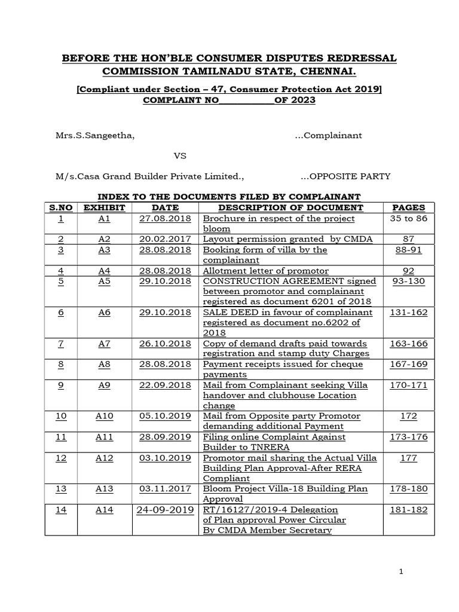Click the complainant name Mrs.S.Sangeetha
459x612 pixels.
[95, 136]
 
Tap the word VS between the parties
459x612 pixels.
[180, 156]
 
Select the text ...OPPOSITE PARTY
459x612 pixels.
[345, 176]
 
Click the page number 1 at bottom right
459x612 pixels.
[402, 572]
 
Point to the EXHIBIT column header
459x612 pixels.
[105, 207]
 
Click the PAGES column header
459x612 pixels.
[408, 207]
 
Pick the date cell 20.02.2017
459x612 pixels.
[164, 239]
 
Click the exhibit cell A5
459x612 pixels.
[105, 281]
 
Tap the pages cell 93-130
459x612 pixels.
[408, 281]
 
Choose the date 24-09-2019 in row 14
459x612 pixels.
[165, 510]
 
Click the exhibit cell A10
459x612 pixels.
[105, 416]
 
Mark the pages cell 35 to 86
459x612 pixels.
[408, 218]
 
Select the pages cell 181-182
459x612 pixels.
[408, 510]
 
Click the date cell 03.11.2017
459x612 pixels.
[164, 489]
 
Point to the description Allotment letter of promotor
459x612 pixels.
[266, 271]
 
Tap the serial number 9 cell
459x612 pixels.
[61, 385]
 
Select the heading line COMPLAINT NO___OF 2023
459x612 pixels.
[229, 100]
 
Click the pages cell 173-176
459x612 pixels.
[408, 437]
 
